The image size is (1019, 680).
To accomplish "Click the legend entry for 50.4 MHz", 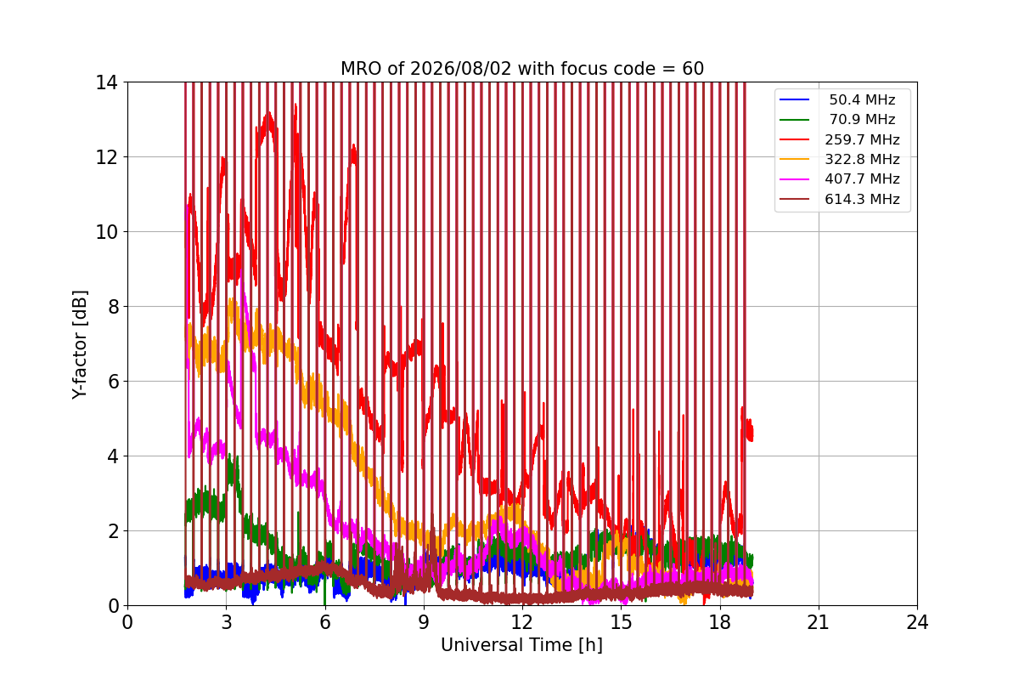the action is click(861, 99).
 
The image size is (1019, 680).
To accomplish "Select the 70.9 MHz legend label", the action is click(861, 119).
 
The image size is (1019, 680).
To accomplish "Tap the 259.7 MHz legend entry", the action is click(862, 139).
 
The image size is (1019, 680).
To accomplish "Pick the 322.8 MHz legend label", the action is click(862, 159).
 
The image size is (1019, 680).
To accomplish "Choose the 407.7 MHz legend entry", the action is click(862, 179).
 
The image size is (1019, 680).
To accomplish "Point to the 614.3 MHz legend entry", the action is click(862, 199).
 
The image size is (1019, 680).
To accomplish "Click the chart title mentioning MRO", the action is click(522, 69).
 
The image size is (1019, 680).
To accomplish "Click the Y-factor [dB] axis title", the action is click(80, 345).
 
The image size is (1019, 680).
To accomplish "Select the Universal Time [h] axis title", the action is click(521, 645).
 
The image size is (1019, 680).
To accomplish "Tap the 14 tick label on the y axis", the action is click(106, 82).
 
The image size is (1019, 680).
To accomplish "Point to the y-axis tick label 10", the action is click(106, 232).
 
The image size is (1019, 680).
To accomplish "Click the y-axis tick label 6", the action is click(113, 381).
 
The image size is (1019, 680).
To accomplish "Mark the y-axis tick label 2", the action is click(113, 531).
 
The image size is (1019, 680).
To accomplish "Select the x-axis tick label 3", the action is click(226, 622).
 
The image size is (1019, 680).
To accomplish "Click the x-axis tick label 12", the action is click(522, 622).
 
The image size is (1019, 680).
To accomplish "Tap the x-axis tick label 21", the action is click(819, 622).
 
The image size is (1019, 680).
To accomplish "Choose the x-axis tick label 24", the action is click(917, 622).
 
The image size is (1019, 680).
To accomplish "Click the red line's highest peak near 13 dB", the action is click(269, 112).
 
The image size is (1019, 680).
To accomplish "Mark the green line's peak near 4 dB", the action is click(230, 454).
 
